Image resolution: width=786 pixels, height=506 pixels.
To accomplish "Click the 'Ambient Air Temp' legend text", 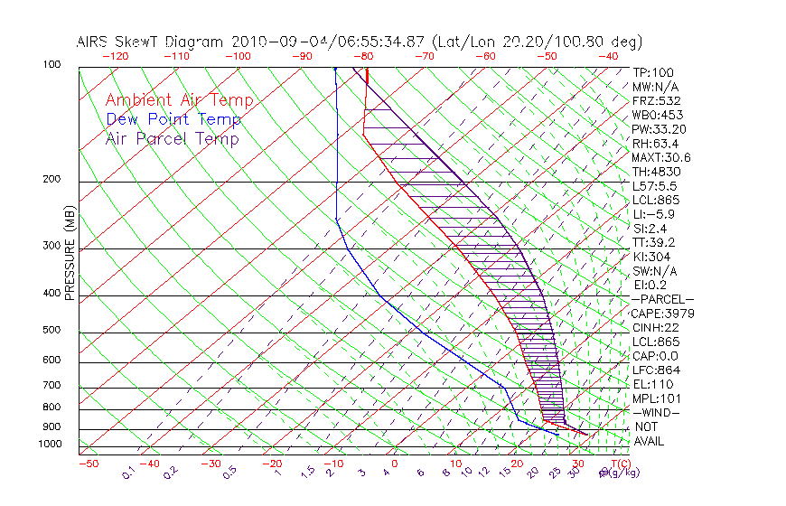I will click(179, 100).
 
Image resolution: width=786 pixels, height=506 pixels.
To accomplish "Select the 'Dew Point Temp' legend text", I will click(173, 119).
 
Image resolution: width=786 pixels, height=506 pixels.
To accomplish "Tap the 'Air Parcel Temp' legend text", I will click(172, 138).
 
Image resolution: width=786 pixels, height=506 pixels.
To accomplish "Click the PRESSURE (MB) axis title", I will click(70, 258).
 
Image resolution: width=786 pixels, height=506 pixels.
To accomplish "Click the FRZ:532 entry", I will click(657, 100).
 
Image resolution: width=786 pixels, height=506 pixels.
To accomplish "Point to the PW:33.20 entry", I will click(660, 129).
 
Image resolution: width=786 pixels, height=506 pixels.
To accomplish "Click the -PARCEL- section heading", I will click(663, 299).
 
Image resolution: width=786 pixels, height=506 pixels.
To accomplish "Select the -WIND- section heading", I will click(657, 412).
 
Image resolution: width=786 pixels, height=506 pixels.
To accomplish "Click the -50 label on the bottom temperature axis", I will click(88, 464).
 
